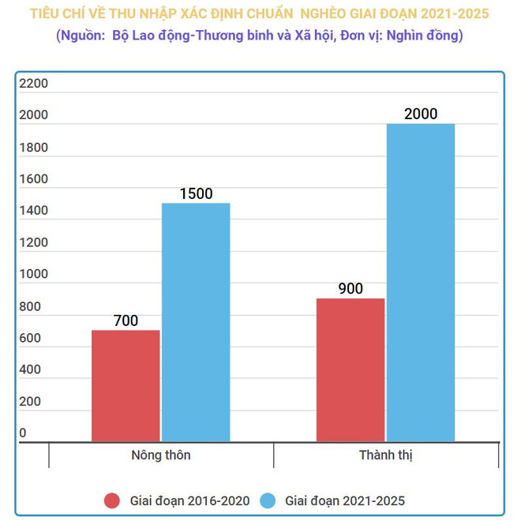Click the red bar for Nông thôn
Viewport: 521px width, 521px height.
point(126,385)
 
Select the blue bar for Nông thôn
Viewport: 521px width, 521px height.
point(196,322)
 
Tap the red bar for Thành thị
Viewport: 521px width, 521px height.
point(350,369)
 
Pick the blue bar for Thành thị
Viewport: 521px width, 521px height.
point(421,283)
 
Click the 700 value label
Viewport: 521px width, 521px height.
point(126,320)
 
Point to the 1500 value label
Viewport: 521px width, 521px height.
point(196,193)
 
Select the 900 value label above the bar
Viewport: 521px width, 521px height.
point(350,289)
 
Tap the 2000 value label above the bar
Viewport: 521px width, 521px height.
point(421,114)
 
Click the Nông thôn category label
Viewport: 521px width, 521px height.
point(160,455)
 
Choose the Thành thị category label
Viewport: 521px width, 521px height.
point(386,455)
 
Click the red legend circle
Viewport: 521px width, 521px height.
point(112,500)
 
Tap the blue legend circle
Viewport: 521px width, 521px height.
point(268,500)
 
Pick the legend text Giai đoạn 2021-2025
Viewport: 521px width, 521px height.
point(345,500)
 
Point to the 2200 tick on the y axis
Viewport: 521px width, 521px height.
point(34,84)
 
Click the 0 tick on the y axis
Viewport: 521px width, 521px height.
point(23,433)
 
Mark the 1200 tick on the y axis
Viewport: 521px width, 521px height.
point(34,242)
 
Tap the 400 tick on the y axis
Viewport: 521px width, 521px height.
point(31,369)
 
